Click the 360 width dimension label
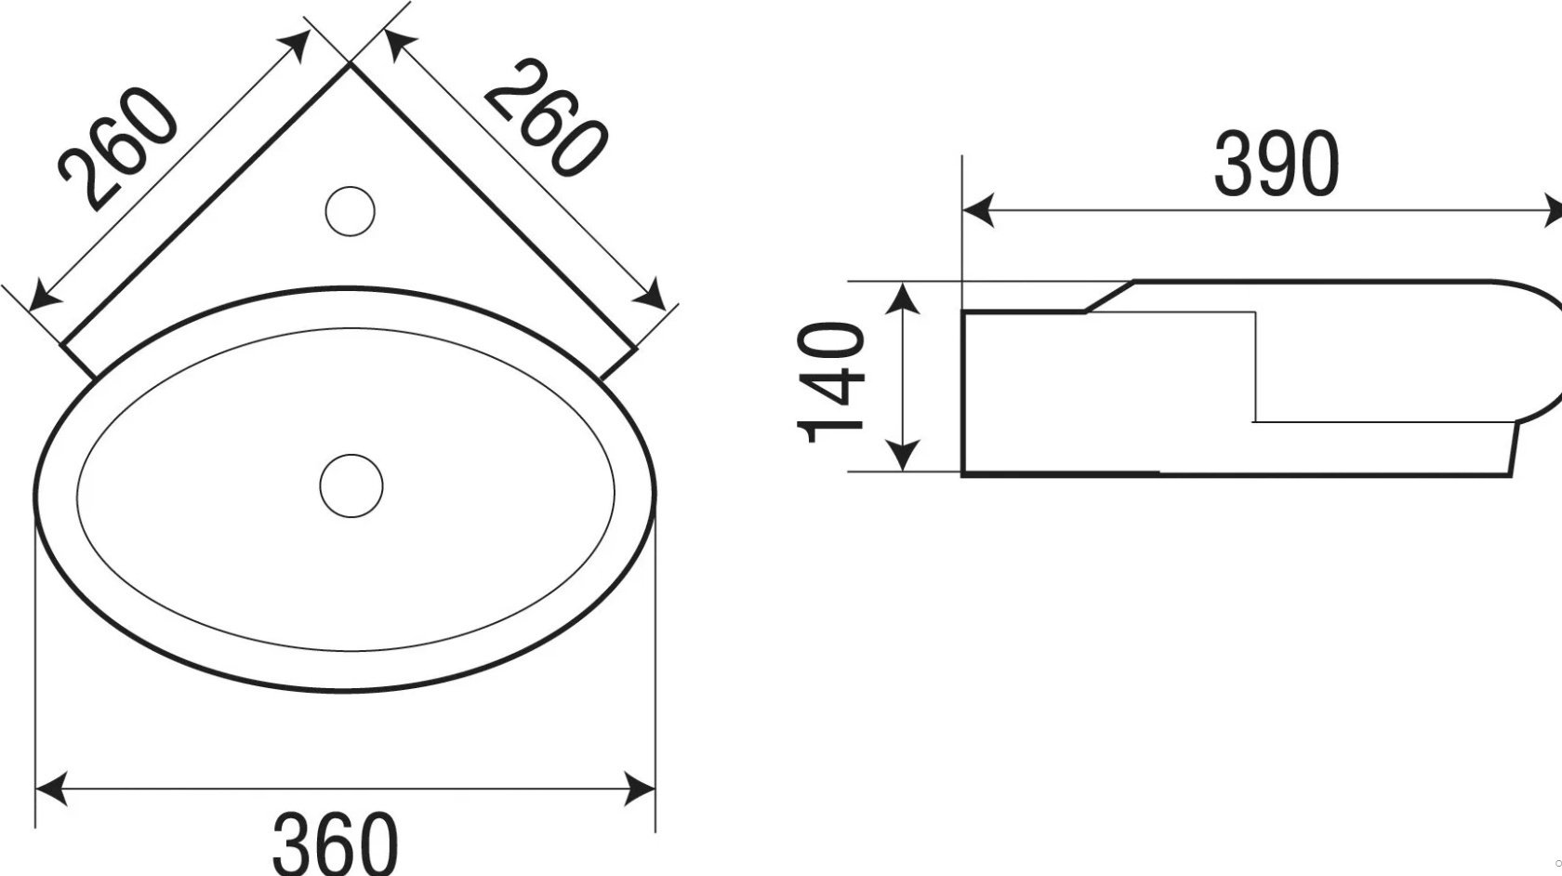pyautogui.click(x=336, y=845)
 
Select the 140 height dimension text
pyautogui.click(x=830, y=382)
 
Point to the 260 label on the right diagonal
pyautogui.click(x=545, y=117)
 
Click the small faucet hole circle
pyautogui.click(x=350, y=210)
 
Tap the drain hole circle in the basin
pyautogui.click(x=351, y=486)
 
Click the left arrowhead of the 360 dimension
pyautogui.click(x=52, y=789)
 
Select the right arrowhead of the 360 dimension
pyautogui.click(x=639, y=789)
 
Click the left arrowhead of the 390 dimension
pyautogui.click(x=978, y=210)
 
